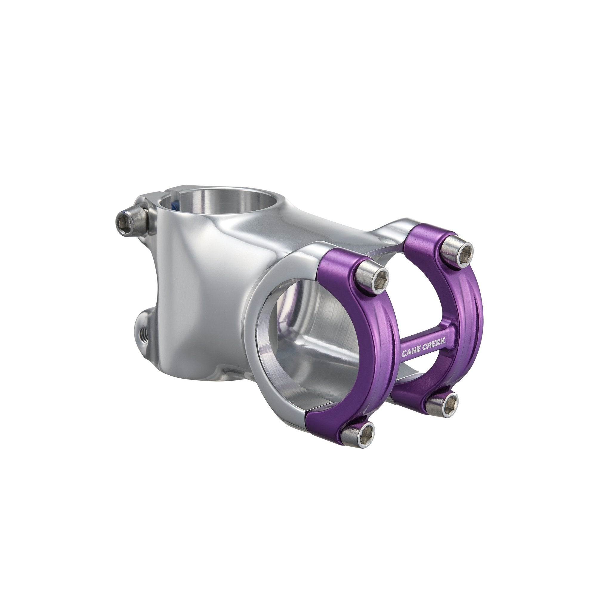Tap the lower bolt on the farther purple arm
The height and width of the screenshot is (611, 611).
point(442,404)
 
